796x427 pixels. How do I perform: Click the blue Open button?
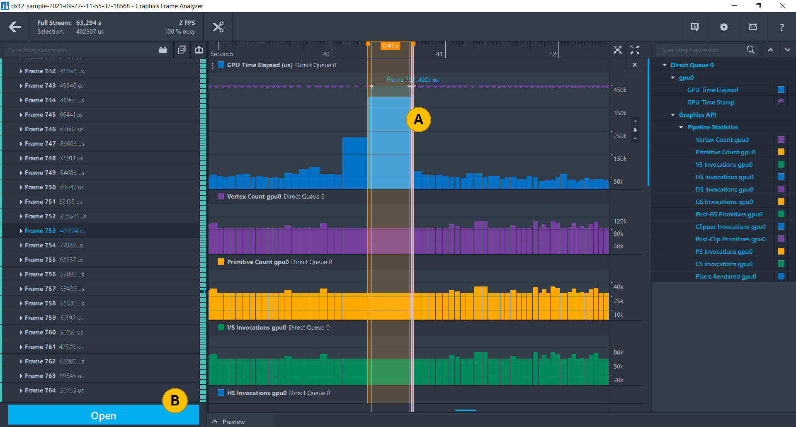(x=103, y=415)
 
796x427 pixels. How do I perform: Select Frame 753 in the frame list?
(x=40, y=230)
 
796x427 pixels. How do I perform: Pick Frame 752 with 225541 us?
(x=40, y=216)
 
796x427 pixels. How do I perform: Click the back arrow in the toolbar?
(x=15, y=27)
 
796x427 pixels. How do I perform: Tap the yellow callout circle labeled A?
(x=418, y=120)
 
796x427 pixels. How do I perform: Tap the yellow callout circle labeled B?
(x=175, y=400)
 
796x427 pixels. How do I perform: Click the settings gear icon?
(x=723, y=27)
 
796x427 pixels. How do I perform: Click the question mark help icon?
(x=781, y=27)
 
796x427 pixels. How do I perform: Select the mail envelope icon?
(x=752, y=27)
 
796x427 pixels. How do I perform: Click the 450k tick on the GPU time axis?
(x=620, y=90)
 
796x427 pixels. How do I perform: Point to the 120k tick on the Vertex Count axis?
(x=620, y=221)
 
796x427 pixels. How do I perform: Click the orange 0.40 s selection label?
(x=390, y=46)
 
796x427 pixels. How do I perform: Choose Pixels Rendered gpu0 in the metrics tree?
(x=726, y=277)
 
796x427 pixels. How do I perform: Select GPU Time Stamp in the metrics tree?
(x=711, y=102)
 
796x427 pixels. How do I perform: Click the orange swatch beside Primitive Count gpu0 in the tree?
(x=781, y=152)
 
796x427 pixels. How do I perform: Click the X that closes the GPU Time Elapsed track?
(x=634, y=65)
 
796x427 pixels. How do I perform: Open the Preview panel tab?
(x=233, y=422)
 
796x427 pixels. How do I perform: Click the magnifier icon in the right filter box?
(x=750, y=50)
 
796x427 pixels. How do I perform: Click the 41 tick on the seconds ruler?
(x=439, y=54)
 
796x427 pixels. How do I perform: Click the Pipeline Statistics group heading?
(x=712, y=127)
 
